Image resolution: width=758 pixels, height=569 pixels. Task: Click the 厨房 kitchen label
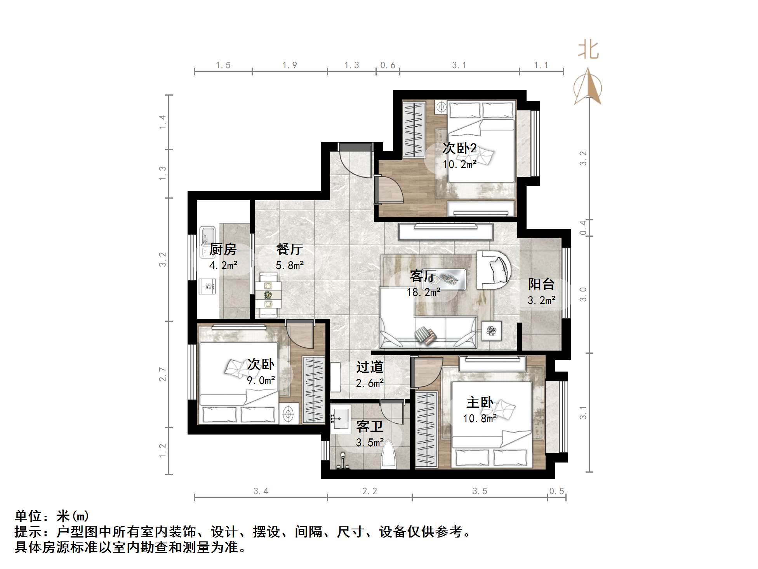[x=223, y=249]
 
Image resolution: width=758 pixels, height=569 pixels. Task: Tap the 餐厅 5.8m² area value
[x=290, y=265]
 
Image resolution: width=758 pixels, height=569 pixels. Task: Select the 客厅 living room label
[x=422, y=276]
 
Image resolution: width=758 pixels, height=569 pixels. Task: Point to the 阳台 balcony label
[x=541, y=284]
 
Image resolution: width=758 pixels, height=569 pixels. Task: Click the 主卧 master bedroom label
[x=480, y=402]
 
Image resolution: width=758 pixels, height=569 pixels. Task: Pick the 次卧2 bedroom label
[x=459, y=148]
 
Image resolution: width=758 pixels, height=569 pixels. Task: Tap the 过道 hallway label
[x=370, y=367]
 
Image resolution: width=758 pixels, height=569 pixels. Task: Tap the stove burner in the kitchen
[x=207, y=287]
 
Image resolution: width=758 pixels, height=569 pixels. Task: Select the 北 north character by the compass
[x=588, y=51]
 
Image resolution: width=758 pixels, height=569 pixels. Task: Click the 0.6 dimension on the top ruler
[x=388, y=65]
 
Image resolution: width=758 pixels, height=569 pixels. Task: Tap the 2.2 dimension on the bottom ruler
[x=369, y=491]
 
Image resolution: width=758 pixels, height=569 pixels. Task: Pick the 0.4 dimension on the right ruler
[x=583, y=227]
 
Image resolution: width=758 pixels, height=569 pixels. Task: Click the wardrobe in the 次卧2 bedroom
[x=414, y=130]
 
